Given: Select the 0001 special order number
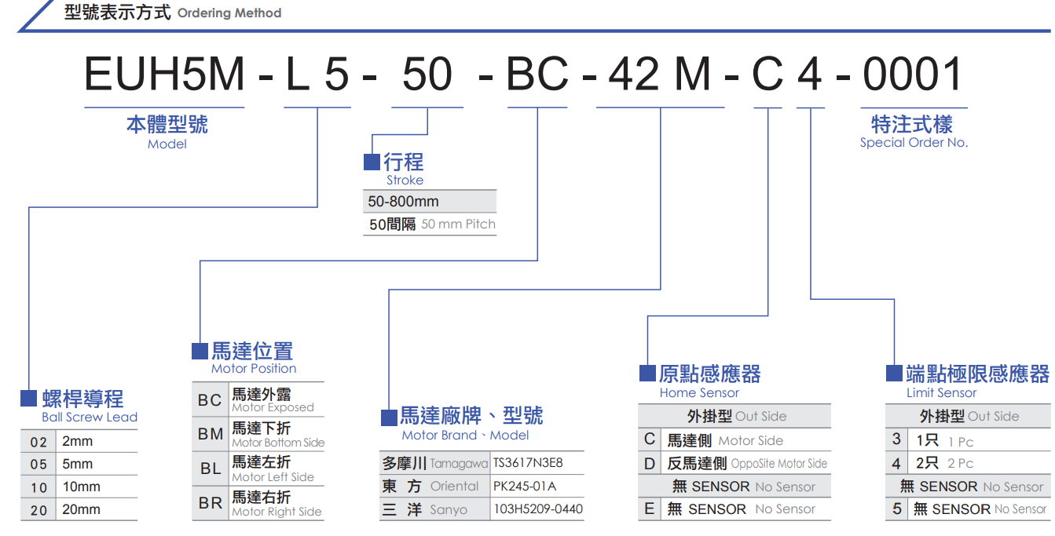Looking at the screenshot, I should click(913, 75).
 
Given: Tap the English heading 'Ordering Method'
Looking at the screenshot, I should click(229, 13).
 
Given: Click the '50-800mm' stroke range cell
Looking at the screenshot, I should click(404, 202).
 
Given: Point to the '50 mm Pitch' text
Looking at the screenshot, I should click(458, 224).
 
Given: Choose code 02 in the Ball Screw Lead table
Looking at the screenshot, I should click(39, 442).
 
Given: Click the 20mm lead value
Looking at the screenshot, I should click(82, 510).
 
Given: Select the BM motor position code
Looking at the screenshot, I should click(211, 434).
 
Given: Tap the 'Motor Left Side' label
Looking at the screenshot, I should click(273, 477).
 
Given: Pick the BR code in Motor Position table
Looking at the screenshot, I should click(211, 503).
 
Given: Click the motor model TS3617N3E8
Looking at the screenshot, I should click(528, 463).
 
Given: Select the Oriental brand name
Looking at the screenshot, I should click(455, 487).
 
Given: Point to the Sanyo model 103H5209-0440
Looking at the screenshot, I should click(538, 509).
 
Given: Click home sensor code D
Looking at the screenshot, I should click(650, 464).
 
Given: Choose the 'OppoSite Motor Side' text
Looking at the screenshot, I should click(779, 464).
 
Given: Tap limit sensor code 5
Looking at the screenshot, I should click(897, 509).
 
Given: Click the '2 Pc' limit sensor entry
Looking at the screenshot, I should click(961, 464).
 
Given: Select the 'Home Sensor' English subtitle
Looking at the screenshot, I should click(699, 393).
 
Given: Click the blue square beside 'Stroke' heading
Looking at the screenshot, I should click(372, 162).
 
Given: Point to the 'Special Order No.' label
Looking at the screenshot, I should click(914, 143).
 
